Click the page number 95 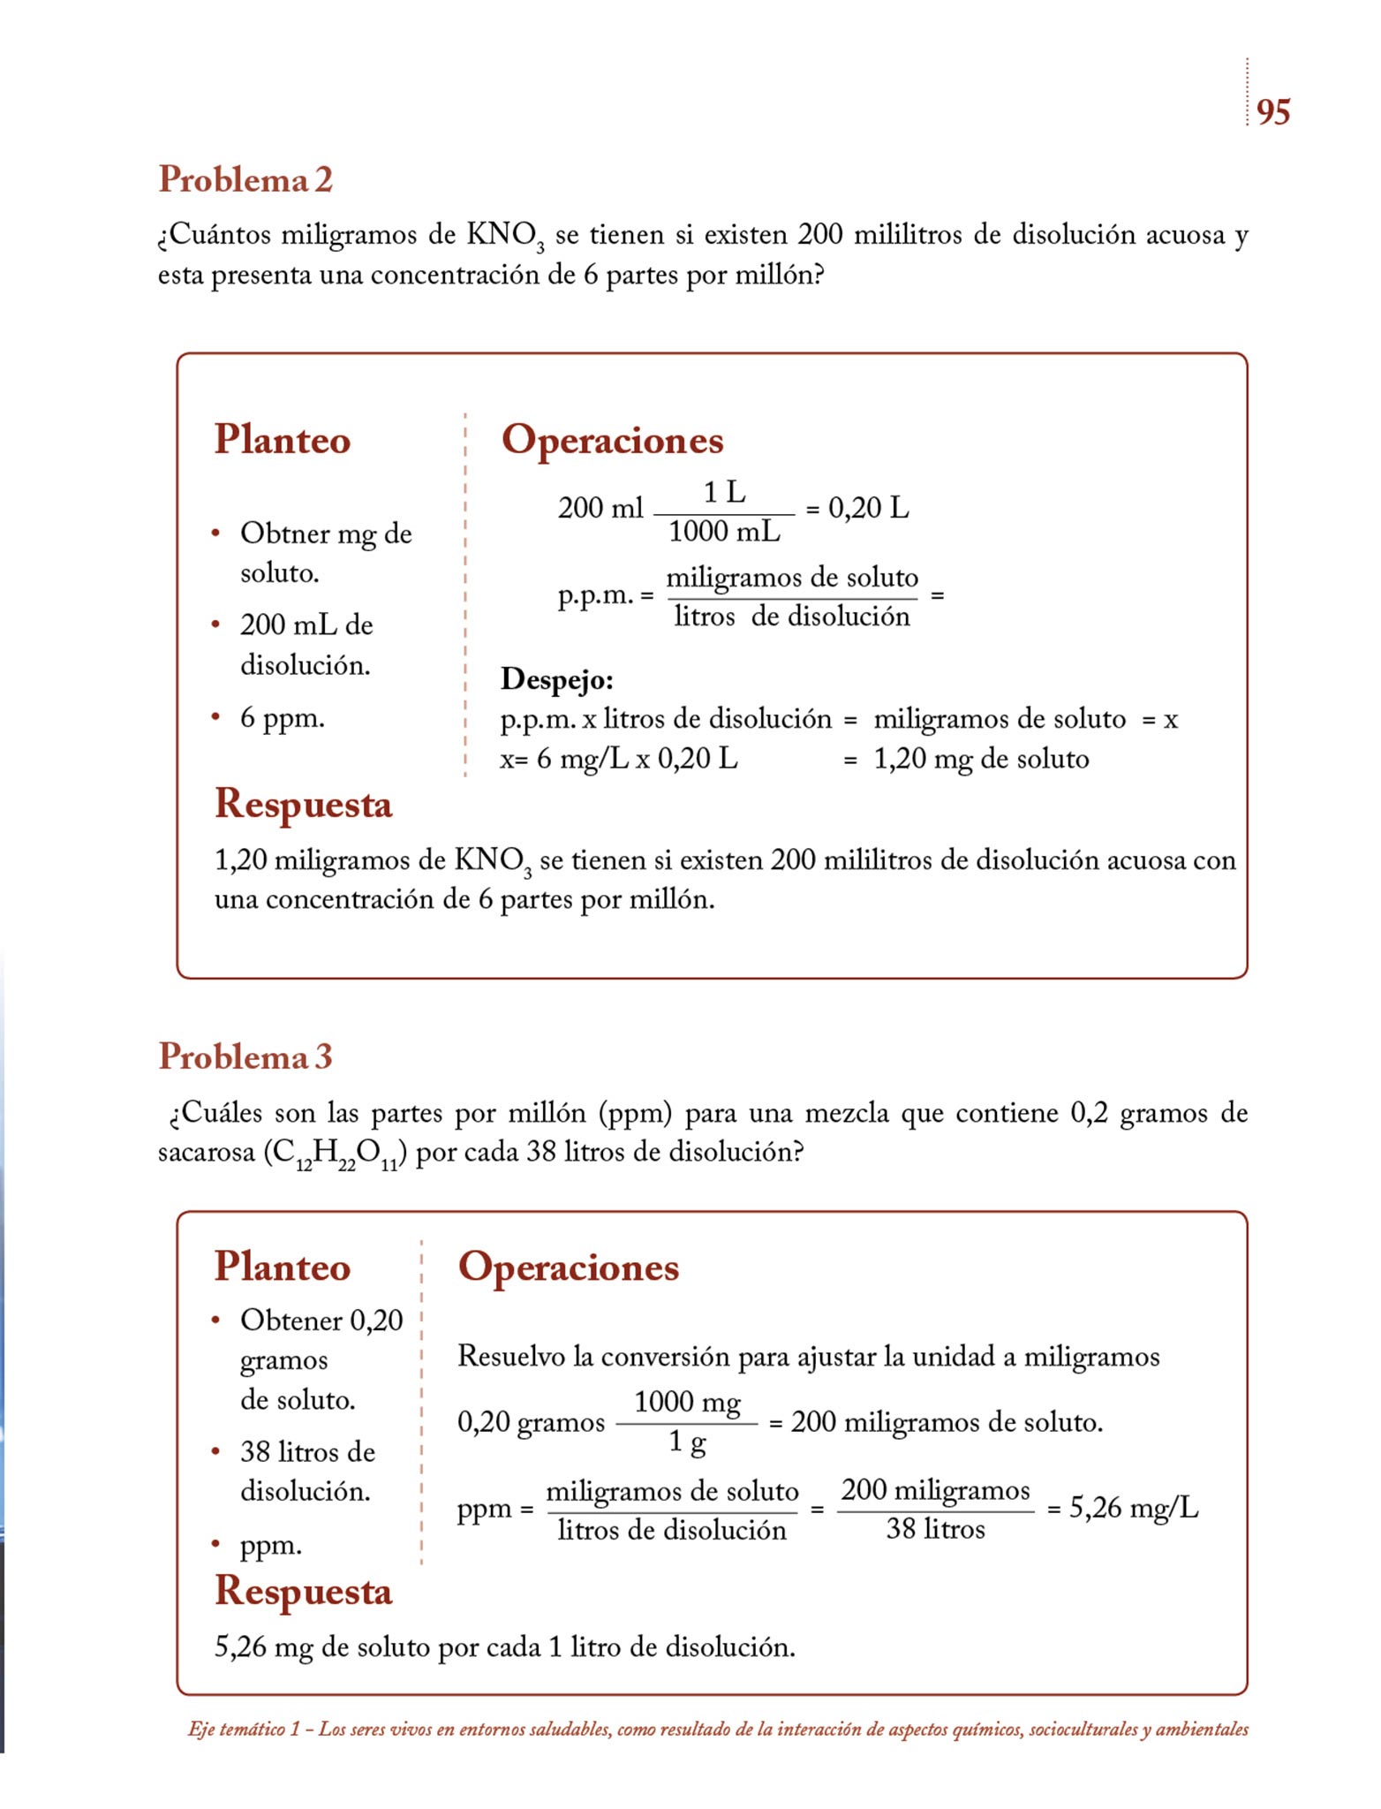1272,112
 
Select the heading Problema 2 245,179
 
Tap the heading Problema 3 245,1056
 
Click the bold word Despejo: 556,679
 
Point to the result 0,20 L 868,508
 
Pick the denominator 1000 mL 724,532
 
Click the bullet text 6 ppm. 283,718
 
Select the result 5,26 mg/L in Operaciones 1134,1508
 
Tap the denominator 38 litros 935,1529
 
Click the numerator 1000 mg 687,1402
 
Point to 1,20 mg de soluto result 981,759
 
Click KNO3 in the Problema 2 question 505,236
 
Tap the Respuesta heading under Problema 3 303,1591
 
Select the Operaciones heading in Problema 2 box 612,440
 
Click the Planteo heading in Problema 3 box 283,1267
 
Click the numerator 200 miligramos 935,1490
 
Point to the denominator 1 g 687,1442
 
